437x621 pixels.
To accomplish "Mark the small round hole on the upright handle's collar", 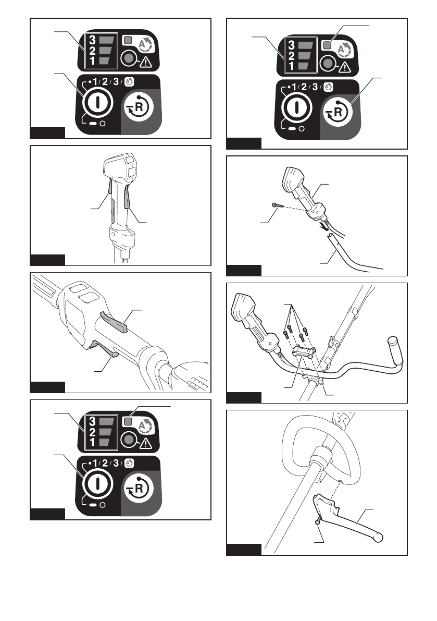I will click(113, 235).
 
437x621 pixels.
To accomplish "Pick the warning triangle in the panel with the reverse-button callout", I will click(343, 66).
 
